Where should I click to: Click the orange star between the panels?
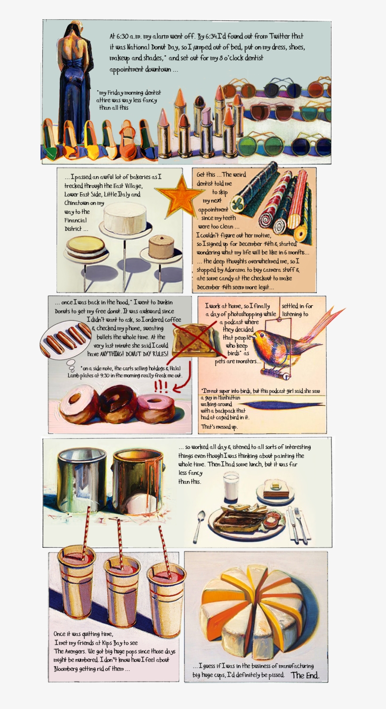(179, 196)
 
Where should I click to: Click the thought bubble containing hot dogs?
(66, 340)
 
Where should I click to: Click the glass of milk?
(231, 487)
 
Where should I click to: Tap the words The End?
(305, 675)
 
